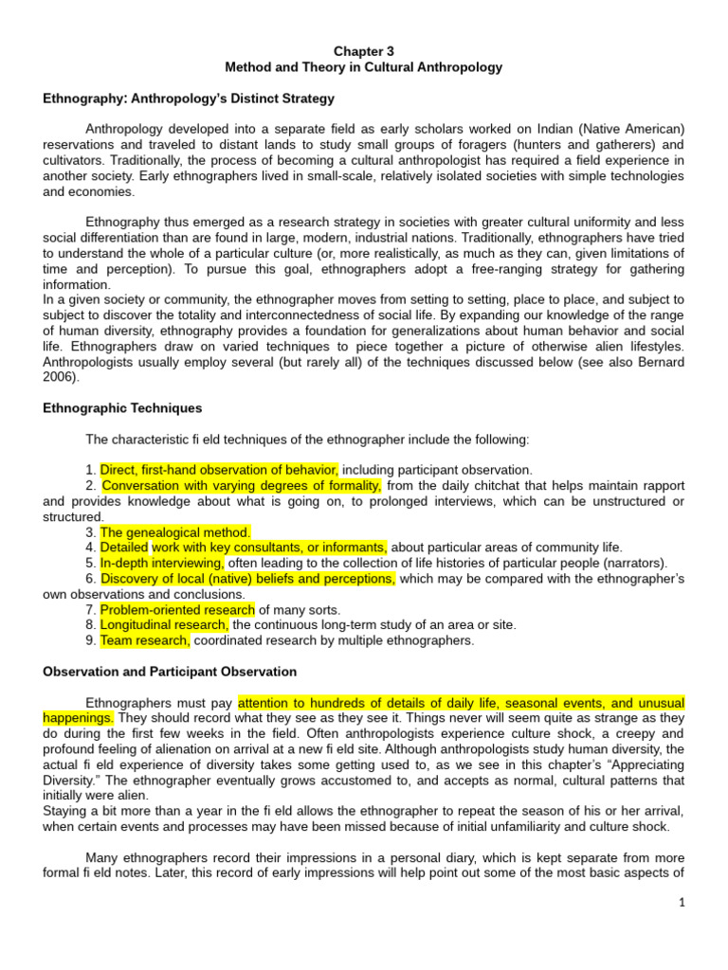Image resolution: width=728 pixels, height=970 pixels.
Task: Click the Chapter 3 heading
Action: click(364, 51)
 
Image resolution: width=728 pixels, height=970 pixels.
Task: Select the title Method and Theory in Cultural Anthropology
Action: click(364, 67)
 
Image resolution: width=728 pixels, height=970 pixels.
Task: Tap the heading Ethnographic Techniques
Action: click(122, 408)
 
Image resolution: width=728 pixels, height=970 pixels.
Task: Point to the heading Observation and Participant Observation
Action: click(170, 672)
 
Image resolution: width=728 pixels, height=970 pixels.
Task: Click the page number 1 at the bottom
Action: click(682, 904)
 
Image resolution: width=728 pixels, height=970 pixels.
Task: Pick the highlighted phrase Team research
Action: click(145, 640)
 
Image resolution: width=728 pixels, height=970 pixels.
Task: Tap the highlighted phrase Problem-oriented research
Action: click(177, 609)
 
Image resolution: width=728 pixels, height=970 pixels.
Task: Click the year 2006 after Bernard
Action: click(58, 377)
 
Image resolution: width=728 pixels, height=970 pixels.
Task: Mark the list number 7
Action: click(89, 609)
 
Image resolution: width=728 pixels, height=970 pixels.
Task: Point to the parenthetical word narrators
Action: click(632, 563)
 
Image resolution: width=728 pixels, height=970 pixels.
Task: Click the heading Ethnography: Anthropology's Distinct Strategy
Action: click(189, 99)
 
